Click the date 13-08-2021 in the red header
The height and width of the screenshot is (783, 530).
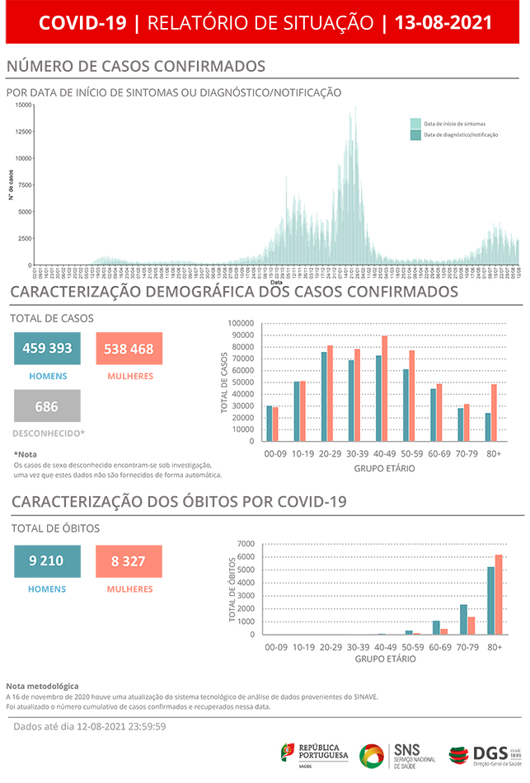[x=443, y=22]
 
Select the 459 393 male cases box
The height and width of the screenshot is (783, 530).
[x=47, y=349]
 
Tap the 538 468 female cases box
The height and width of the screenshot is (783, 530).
[x=129, y=349]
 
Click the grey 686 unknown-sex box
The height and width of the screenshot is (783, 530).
[x=47, y=406]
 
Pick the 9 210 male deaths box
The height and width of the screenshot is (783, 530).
[x=47, y=561]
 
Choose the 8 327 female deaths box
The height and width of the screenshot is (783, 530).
[x=129, y=561]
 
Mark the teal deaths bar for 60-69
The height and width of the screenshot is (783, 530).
[x=437, y=627]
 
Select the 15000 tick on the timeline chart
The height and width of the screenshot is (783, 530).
[x=23, y=105]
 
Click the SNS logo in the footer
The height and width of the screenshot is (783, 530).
[x=395, y=754]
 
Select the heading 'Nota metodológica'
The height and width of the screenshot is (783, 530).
[x=42, y=686]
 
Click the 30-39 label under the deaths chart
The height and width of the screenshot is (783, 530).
[x=358, y=648]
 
